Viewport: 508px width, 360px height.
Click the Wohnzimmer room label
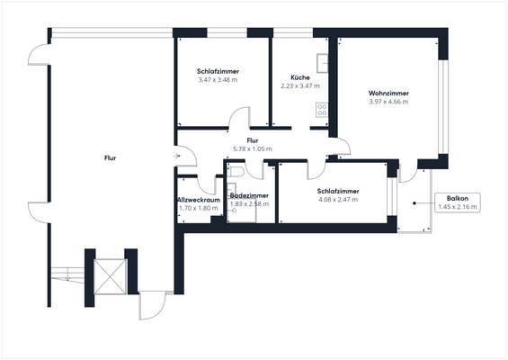coord(388,93)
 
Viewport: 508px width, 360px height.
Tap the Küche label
coord(300,77)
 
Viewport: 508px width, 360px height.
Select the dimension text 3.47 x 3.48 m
coord(217,80)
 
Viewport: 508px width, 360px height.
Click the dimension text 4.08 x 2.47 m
coord(338,200)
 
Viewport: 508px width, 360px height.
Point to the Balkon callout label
coord(458,198)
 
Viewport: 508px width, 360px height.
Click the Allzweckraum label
coord(198,199)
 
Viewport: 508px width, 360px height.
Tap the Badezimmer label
coord(249,195)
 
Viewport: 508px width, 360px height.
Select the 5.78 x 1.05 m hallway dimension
coord(253,149)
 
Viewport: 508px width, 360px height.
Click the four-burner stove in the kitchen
coord(321,110)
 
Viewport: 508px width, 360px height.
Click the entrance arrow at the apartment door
coord(178,157)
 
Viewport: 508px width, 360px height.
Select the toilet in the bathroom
coord(236,172)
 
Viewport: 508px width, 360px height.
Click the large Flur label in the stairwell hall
coord(110,157)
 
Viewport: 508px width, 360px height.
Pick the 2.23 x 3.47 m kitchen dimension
coord(300,86)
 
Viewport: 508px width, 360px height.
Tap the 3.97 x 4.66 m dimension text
coord(388,102)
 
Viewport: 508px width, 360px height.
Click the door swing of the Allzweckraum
coord(210,180)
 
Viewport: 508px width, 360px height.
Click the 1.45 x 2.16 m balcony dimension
coord(458,207)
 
